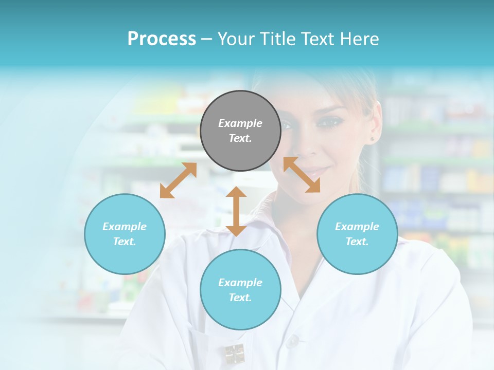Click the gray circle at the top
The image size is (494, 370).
[240, 131]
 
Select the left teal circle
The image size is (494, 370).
[125, 234]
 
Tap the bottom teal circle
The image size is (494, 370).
[240, 290]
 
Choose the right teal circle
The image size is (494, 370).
[357, 234]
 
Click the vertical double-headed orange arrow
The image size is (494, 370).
[236, 211]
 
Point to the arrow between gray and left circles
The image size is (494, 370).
[178, 180]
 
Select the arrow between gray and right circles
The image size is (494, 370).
[302, 175]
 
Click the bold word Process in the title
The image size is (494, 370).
[162, 39]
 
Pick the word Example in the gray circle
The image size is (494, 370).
[240, 123]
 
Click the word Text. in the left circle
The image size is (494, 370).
[125, 242]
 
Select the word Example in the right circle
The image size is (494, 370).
[357, 227]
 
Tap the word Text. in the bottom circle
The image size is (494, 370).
[240, 298]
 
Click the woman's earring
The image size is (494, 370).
[372, 139]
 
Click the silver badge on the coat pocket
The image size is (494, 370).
[234, 354]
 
